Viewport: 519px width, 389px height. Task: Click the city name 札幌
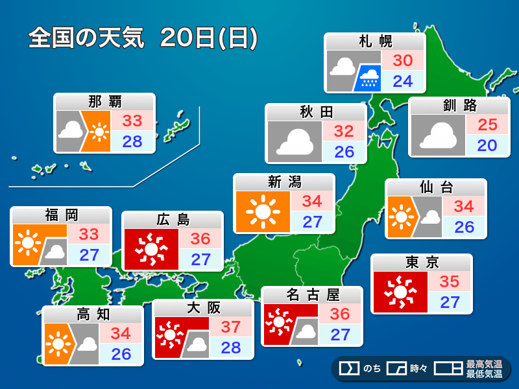[376, 42]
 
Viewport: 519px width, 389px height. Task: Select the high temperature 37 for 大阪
[230, 327]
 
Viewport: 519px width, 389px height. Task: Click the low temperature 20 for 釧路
[487, 145]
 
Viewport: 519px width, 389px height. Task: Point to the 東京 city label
[422, 263]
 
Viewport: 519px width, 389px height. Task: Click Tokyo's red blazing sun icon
[400, 292]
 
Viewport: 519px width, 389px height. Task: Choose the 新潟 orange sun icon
[263, 212]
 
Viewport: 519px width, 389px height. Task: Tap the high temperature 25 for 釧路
[487, 124]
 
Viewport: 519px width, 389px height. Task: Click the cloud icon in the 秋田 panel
[295, 142]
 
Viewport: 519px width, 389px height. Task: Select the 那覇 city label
[104, 102]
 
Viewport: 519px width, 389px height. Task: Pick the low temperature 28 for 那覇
[132, 142]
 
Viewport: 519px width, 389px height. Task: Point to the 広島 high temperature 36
[200, 239]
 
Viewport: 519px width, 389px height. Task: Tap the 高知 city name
[93, 314]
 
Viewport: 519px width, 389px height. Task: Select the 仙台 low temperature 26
[464, 228]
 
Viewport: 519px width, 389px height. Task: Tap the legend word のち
[372, 369]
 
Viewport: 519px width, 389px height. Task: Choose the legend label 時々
[418, 369]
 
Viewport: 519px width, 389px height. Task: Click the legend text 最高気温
[484, 365]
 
